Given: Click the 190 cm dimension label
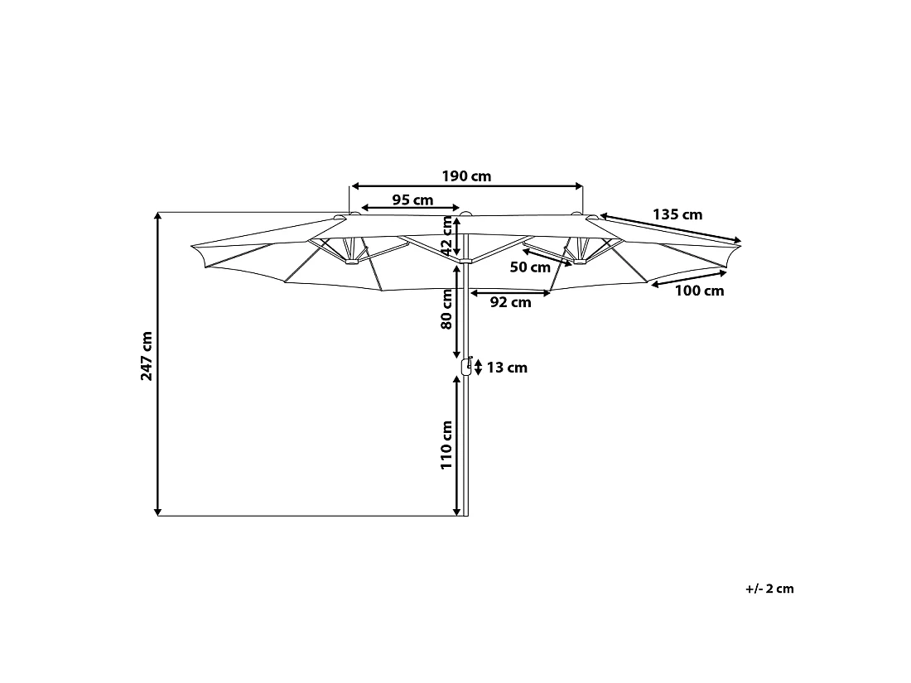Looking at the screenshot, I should point(466,176).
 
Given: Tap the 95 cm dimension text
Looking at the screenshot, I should point(412,200).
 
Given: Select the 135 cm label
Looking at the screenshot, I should point(677,214).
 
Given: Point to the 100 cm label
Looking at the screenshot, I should point(699,291).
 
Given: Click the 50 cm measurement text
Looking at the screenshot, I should point(529,267).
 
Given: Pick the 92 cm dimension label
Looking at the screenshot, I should point(510,302).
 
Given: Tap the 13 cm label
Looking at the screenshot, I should point(507,368).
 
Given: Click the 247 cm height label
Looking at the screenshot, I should point(147,356).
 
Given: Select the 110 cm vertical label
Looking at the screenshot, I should point(446,445).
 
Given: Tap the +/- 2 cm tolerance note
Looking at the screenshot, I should point(769,589).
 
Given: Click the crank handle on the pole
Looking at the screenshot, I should point(466,367).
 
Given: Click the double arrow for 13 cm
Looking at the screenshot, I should point(479,368).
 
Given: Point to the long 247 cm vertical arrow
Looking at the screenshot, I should point(157,364).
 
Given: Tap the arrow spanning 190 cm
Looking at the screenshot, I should point(466,186).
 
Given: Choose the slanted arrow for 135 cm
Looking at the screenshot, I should point(671,226).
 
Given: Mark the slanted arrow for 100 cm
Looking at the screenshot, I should point(689,278).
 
